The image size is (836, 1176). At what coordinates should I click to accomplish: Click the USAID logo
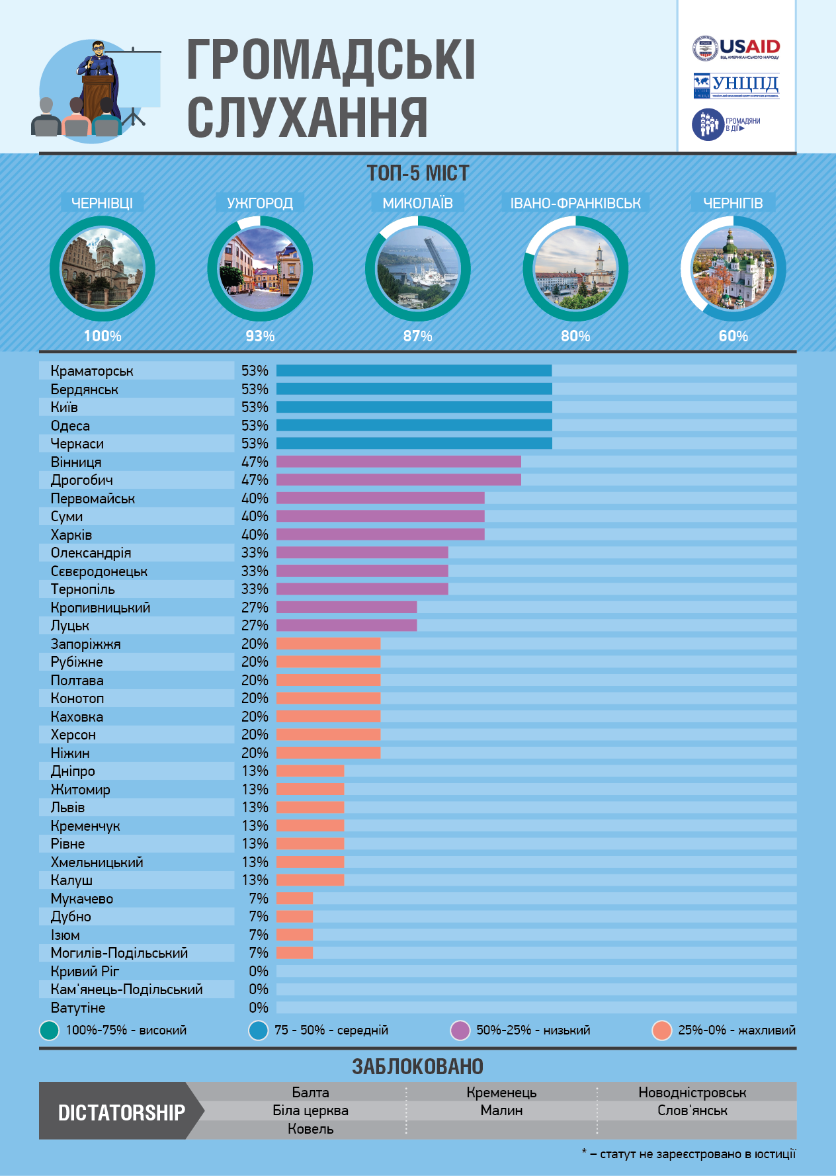[x=736, y=48]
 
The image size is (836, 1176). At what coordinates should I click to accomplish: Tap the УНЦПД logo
[x=736, y=85]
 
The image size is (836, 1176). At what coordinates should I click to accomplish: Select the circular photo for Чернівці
[x=103, y=269]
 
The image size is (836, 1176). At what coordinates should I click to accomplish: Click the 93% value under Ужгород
[x=260, y=336]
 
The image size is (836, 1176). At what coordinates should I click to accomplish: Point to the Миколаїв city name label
[x=417, y=203]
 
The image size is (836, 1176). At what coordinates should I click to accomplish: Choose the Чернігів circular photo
[x=733, y=269]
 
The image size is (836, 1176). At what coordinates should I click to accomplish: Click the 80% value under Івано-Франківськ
[x=575, y=336]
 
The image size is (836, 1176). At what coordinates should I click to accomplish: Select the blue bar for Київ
[x=414, y=407]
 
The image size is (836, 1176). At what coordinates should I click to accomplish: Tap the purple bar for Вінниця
[x=398, y=462]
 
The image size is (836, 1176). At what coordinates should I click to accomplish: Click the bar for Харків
[x=380, y=534]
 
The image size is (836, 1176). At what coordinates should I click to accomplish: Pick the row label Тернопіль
[x=83, y=589]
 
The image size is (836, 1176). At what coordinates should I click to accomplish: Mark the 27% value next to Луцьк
[x=255, y=626]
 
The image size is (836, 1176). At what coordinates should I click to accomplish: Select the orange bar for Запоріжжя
[x=328, y=644]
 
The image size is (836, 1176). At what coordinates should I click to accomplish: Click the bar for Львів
[x=310, y=808]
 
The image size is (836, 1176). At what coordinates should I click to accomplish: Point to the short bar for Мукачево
[x=294, y=898]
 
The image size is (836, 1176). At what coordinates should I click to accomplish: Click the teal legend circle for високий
[x=50, y=1030]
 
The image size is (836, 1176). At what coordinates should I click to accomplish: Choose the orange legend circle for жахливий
[x=661, y=1030]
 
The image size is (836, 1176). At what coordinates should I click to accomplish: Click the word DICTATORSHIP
[x=122, y=1113]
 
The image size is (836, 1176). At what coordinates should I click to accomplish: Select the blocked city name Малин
[x=501, y=1111]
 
